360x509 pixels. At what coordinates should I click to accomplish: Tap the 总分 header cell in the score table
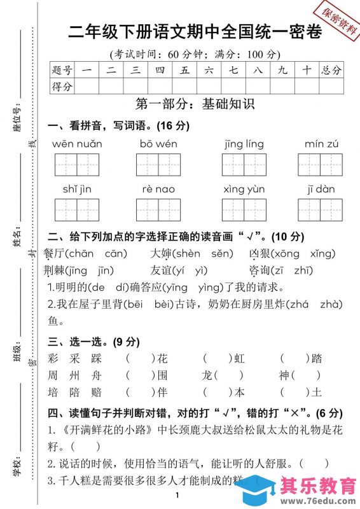[x=331, y=70]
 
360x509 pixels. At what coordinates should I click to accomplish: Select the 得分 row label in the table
[x=62, y=86]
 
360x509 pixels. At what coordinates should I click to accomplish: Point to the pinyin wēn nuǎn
[x=77, y=144]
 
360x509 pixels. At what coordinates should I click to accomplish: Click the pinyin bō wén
[x=158, y=144]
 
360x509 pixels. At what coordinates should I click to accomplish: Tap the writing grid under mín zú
[x=320, y=165]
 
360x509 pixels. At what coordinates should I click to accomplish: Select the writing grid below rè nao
[x=158, y=210]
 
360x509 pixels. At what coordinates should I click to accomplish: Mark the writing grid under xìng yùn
[x=244, y=210]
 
